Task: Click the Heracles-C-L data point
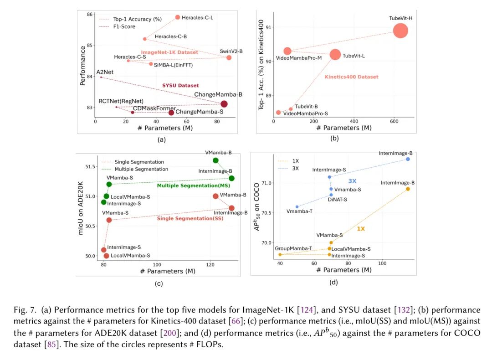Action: coord(178,17)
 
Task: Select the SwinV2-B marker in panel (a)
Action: coord(229,57)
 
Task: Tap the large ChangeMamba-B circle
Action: coord(224,104)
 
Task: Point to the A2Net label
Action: coord(105,72)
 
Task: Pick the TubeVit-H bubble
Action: coord(400,31)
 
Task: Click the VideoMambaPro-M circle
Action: coord(287,51)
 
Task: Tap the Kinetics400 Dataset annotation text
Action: coord(351,77)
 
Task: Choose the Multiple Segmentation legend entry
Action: coord(141,169)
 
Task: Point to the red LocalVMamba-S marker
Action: coord(106,256)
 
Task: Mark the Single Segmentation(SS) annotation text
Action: coord(190,219)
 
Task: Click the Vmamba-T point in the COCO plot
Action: coord(297,207)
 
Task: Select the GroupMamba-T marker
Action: coord(280,254)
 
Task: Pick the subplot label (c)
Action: coord(159,283)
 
